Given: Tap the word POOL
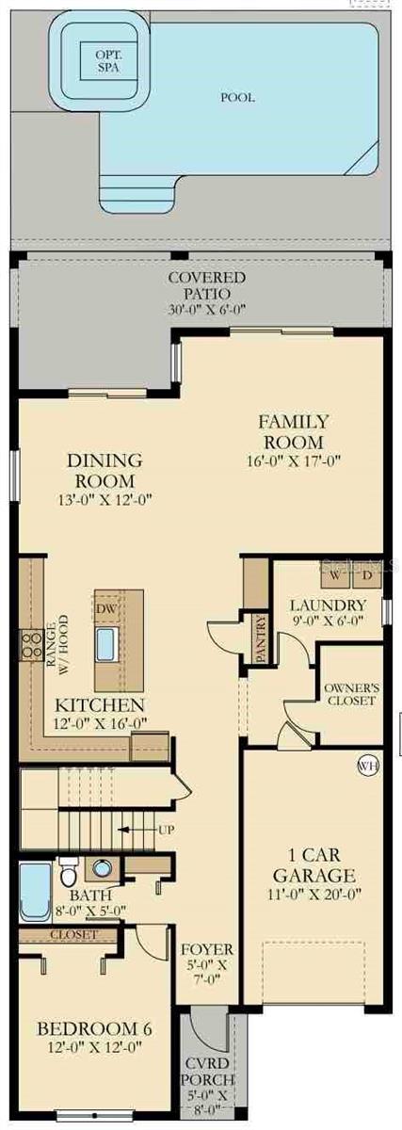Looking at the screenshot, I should [237, 97].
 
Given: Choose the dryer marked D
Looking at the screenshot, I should [368, 574].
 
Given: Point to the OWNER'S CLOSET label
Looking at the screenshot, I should [349, 694].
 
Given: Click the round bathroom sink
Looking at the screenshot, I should [102, 867].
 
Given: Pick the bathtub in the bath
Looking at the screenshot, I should [35, 890].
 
